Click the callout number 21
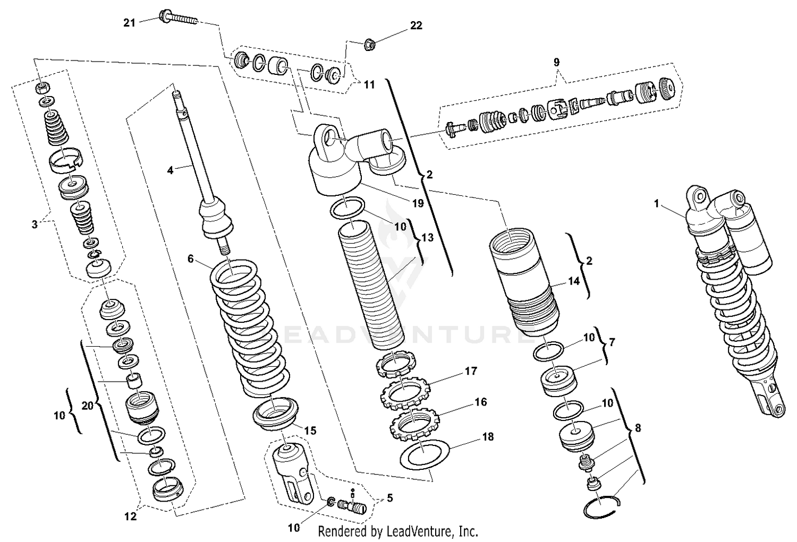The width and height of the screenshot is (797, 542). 129,22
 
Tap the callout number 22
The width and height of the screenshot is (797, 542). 416,25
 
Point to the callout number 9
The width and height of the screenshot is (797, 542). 556,62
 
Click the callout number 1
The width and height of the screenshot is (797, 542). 656,203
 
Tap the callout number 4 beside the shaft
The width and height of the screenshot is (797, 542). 169,170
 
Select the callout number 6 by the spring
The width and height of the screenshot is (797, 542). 190,259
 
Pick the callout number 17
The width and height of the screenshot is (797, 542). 471,371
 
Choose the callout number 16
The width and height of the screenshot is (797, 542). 480,402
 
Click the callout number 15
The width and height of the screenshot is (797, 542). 310,430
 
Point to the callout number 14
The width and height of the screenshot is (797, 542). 574,282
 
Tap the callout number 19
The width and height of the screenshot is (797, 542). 417,203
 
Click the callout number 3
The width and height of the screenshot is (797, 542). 35,224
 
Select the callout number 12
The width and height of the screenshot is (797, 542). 130,516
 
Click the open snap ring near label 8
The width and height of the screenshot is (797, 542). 601,507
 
